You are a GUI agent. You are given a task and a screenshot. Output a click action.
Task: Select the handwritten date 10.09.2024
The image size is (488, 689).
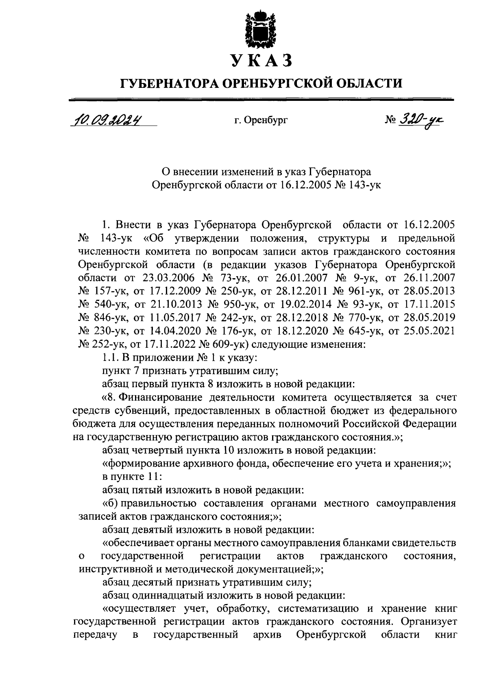(109, 120)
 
